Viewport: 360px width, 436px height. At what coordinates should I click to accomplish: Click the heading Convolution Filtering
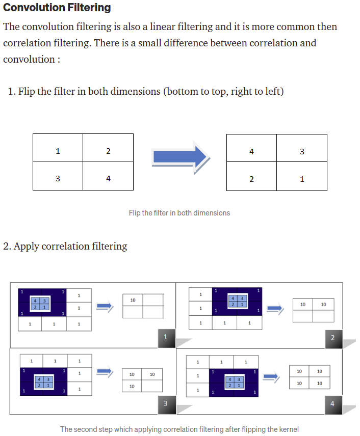57,8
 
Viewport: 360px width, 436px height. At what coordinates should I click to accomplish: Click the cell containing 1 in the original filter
58,151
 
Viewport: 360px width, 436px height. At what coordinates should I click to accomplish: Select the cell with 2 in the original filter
108,151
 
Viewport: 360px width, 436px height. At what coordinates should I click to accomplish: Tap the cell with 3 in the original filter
58,179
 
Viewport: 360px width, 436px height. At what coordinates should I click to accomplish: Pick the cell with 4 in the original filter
108,179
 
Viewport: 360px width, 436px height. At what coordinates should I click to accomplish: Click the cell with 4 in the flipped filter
251,151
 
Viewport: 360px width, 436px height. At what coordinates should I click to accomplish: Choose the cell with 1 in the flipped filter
302,179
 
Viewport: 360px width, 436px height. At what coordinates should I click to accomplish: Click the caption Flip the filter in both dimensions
179,213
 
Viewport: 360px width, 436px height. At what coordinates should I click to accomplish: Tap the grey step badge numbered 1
165,337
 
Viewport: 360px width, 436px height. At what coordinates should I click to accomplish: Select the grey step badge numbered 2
333,338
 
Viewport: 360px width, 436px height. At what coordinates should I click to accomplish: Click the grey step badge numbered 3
165,403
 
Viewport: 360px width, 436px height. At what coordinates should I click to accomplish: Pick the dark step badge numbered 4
333,404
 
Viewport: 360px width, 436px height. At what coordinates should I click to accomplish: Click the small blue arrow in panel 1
104,306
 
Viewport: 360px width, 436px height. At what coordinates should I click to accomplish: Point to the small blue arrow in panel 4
271,377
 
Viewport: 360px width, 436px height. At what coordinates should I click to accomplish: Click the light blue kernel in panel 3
43,381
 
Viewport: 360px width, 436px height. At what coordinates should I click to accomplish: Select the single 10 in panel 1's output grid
133,300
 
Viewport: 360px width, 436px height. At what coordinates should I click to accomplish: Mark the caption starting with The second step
179,429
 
